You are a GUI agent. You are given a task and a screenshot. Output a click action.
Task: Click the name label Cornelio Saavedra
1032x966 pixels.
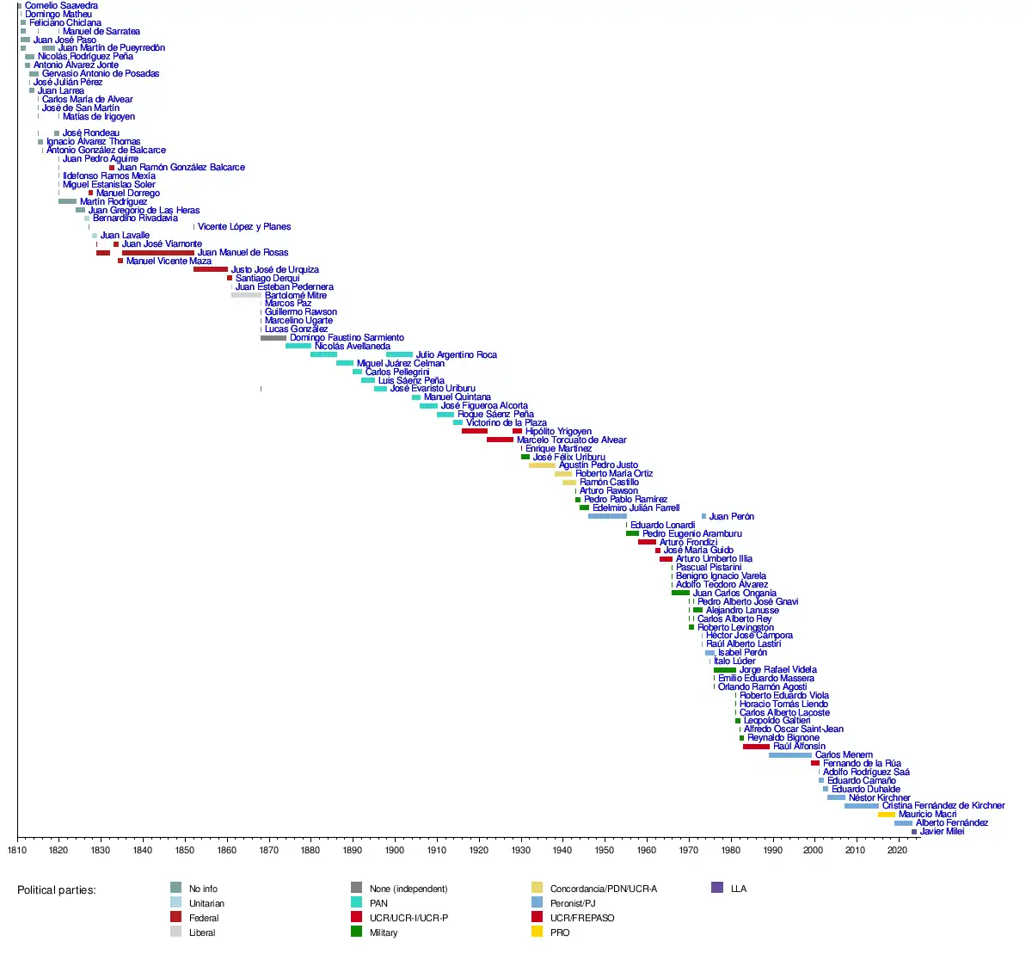tap(61, 6)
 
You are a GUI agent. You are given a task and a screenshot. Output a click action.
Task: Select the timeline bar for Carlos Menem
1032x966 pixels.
tap(789, 755)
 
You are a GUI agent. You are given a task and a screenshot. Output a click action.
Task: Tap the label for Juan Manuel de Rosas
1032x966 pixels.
tap(243, 253)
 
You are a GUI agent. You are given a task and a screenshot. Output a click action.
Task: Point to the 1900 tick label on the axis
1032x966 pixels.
tap(394, 851)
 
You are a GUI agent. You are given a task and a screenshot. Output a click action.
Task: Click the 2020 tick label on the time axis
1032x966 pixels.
tap(897, 851)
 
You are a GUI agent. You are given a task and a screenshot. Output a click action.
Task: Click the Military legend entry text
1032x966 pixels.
tap(384, 932)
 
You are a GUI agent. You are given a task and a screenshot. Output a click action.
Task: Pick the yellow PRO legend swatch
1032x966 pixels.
tap(537, 932)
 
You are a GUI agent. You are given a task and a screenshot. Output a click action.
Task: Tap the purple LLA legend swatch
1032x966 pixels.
tap(717, 888)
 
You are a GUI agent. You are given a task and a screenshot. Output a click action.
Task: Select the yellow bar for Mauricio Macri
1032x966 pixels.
tap(886, 815)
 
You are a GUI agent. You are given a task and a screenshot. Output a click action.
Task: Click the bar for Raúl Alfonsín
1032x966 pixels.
tap(756, 747)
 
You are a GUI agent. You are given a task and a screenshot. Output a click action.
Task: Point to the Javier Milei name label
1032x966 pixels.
tap(942, 832)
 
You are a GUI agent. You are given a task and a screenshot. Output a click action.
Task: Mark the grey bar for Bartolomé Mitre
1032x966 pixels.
tap(246, 295)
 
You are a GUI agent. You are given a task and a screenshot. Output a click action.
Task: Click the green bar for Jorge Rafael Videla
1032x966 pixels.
tap(724, 670)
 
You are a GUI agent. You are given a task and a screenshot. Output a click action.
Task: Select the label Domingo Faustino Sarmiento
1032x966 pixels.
tap(347, 338)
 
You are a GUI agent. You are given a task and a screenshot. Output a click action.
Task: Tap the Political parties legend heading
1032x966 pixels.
tap(57, 889)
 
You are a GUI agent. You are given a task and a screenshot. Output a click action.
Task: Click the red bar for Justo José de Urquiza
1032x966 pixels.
tap(210, 269)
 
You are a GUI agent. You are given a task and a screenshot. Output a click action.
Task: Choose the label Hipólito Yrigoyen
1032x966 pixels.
tap(558, 432)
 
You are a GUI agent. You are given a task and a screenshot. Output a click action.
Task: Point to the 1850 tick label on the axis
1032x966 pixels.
tap(184, 851)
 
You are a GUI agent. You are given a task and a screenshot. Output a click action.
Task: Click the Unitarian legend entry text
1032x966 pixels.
tap(206, 903)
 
